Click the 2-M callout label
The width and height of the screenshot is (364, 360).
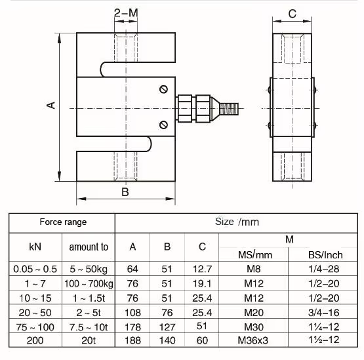tap(126, 12)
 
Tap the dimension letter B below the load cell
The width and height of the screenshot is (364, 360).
tap(125, 191)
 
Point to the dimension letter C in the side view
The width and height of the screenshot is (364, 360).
tap(293, 13)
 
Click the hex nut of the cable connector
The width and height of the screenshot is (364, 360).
tap(186, 106)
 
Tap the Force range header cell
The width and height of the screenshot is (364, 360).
tap(62, 222)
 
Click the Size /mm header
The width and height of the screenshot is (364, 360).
tap(239, 222)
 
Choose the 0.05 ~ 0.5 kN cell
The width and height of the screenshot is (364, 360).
tap(35, 269)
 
